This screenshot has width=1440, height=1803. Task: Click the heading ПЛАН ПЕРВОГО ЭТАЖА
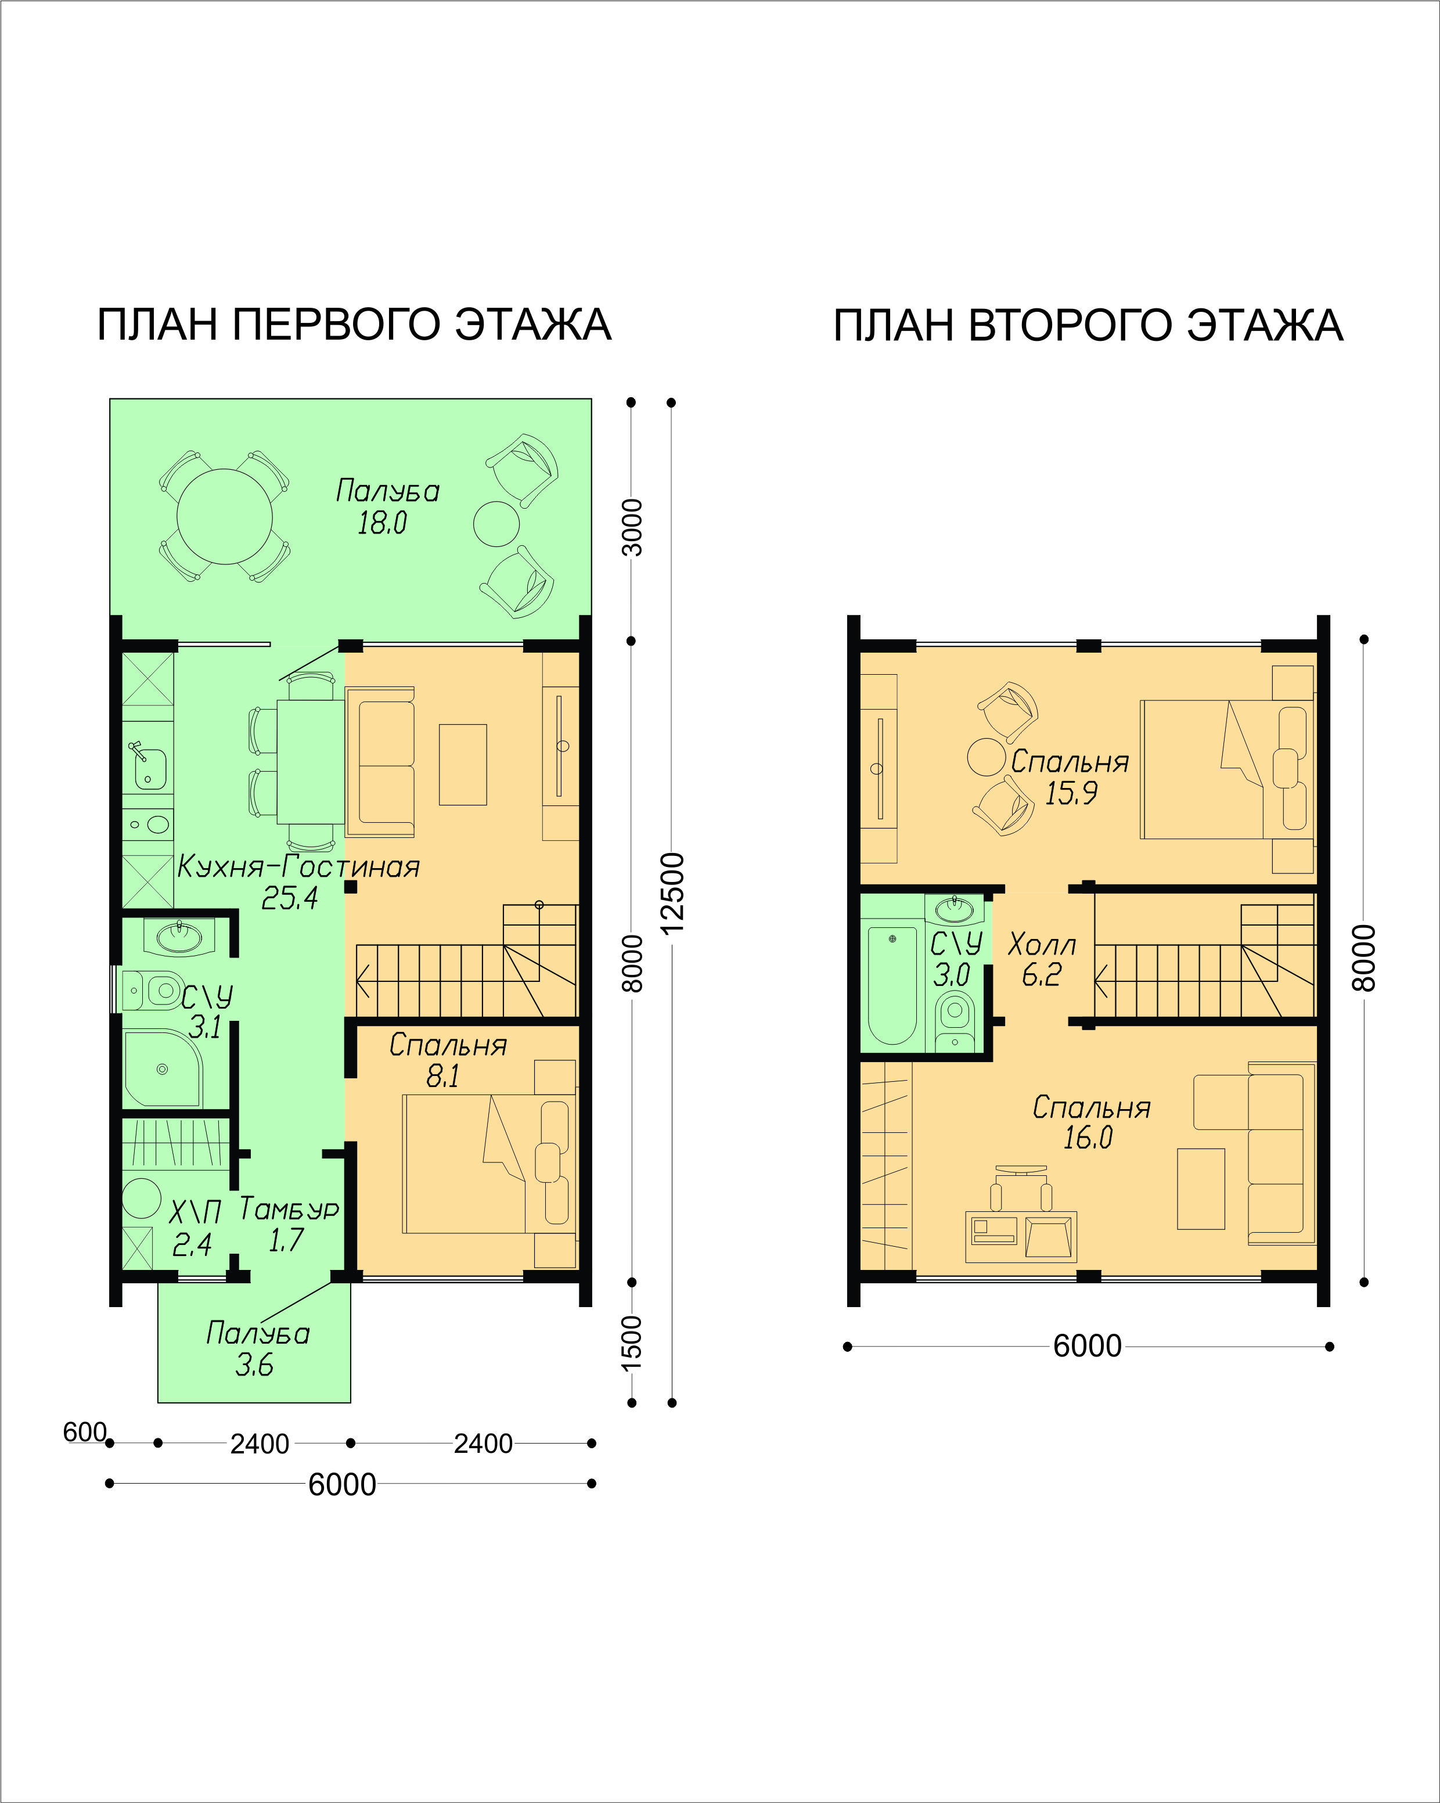[x=355, y=325]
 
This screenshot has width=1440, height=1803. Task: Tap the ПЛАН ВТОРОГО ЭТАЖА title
[x=1088, y=325]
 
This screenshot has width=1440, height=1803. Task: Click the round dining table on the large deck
[x=224, y=516]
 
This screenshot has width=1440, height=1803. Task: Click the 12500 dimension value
[x=672, y=892]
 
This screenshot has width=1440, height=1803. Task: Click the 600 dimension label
[x=84, y=1432]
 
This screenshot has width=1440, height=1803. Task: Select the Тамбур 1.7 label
[x=289, y=1223]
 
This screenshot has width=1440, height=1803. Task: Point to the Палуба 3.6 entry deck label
[x=258, y=1349]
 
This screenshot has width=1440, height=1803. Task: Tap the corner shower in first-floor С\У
[x=163, y=1069]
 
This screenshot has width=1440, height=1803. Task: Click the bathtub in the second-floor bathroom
[x=892, y=985]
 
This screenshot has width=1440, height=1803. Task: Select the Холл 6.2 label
[x=1042, y=959]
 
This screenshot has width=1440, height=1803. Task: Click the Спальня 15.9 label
[x=1070, y=777]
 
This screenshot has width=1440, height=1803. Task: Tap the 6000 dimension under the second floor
[x=1087, y=1345]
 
